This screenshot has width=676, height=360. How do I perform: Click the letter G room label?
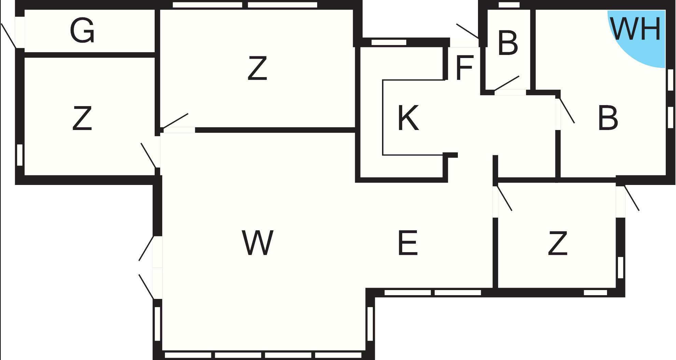82,31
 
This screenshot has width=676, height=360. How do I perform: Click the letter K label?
408,118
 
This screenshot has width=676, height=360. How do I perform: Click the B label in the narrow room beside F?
508,43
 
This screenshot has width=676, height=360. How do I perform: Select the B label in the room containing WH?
608,118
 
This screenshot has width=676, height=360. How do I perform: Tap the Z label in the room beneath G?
82,118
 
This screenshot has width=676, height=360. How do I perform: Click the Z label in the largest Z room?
257,69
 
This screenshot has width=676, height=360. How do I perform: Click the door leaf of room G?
9,36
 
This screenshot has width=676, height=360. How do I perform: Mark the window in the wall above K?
389,42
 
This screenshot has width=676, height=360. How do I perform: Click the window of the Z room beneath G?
20,155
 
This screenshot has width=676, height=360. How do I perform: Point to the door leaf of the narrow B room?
507,83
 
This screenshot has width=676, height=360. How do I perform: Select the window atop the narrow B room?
509,5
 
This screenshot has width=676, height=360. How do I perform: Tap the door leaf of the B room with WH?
566,111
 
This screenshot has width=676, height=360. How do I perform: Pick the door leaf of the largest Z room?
175,121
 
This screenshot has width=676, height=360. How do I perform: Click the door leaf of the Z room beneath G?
149,156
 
